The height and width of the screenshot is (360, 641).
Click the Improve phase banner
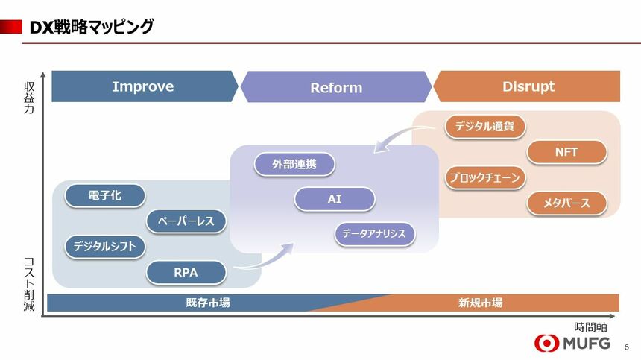coord(144,86)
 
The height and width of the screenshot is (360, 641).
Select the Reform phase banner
coord(336,87)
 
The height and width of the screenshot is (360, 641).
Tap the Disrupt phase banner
coord(527,86)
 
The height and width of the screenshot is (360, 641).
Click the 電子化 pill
coord(104,195)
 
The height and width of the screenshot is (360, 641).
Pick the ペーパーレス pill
coord(186,221)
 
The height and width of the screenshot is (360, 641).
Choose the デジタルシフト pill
coord(104,247)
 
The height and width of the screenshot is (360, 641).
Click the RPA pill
coord(186,272)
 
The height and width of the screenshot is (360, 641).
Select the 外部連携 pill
coord(294,164)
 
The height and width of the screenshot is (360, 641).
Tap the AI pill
coord(335,199)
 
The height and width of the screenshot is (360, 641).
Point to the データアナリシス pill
coord(374,234)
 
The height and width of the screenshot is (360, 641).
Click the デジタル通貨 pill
coord(484,126)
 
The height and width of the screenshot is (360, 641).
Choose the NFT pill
coord(566,152)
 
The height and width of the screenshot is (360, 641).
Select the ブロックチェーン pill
coord(484,177)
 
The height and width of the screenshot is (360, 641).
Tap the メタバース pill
coord(566,203)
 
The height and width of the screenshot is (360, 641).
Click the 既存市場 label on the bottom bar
coord(208,303)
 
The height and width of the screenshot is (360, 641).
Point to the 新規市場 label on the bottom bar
coord(480,303)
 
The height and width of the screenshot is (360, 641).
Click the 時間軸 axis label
coord(590,327)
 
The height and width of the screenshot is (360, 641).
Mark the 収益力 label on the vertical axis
coord(29,98)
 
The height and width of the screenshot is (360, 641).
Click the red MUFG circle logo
coord(546,344)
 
